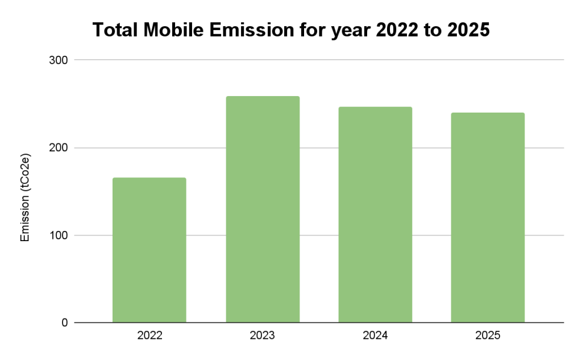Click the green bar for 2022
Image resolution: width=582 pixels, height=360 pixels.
(149, 250)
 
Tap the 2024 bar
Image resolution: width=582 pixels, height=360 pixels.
(375, 215)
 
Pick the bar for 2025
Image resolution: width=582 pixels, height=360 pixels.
(488, 218)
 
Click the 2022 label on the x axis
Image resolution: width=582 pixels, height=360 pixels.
(149, 336)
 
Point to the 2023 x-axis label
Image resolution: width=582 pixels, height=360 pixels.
(263, 336)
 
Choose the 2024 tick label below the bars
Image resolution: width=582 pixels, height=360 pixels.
(375, 336)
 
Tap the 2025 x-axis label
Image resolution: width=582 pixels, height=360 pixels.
(488, 336)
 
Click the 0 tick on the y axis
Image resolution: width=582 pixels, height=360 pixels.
(64, 323)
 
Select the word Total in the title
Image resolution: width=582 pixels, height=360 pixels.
(113, 30)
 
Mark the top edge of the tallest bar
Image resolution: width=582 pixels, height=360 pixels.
(263, 97)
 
